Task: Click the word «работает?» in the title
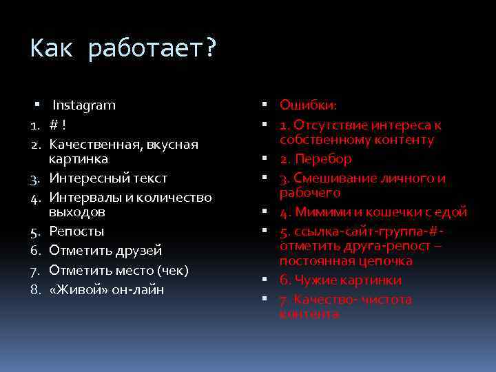pos(152,50)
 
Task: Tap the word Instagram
pos(84,105)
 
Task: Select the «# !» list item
pos(57,125)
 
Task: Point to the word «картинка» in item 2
pos(78,159)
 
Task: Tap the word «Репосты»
pos(76,231)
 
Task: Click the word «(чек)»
pos(172,270)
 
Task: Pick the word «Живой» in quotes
pos(78,289)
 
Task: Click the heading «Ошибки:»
pos(308,105)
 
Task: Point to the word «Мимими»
pos(322,212)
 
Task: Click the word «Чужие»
pos(313,280)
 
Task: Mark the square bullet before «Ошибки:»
pos(265,105)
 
